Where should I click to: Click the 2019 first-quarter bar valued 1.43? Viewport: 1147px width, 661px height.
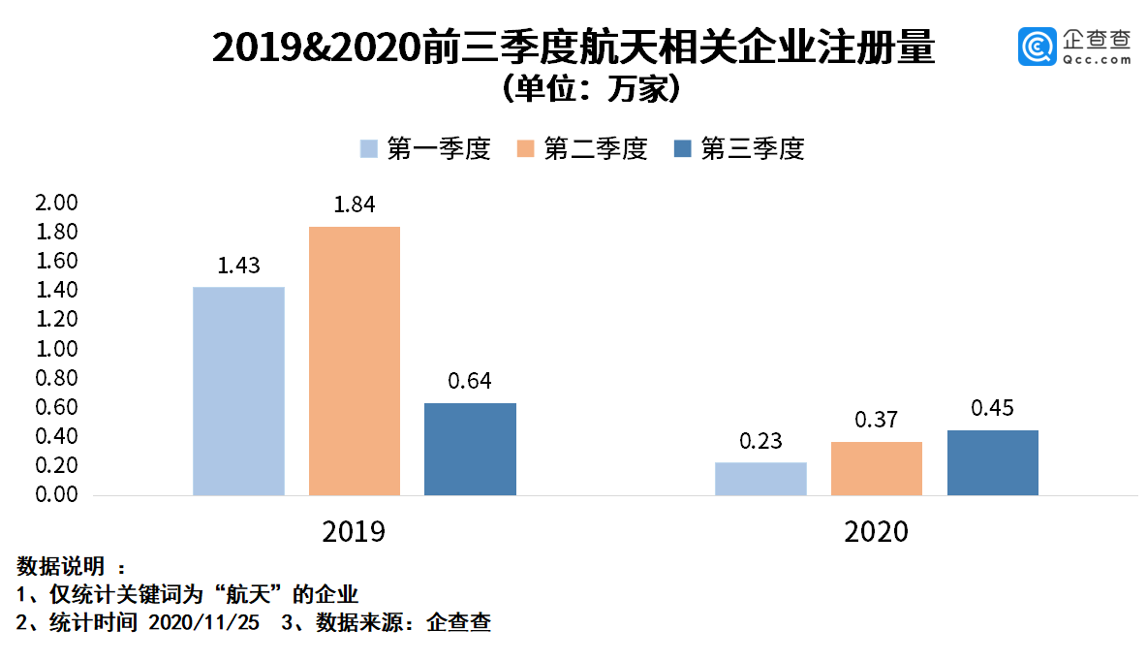(238, 391)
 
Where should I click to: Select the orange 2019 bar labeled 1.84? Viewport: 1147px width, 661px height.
(355, 361)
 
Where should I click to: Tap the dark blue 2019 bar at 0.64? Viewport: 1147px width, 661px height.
(470, 449)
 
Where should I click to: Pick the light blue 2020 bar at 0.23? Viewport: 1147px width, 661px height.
(760, 479)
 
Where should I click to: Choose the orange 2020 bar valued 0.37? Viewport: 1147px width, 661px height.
(877, 468)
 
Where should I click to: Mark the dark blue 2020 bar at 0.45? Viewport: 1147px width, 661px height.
(992, 462)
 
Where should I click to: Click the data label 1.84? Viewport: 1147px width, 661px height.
(355, 205)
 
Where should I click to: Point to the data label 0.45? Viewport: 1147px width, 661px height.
(992, 409)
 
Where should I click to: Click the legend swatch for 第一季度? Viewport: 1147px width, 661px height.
(368, 149)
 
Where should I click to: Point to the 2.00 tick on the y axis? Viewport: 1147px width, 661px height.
(55, 204)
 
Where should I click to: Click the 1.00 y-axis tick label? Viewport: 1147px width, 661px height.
(55, 349)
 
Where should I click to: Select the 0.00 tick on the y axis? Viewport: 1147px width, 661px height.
(55, 494)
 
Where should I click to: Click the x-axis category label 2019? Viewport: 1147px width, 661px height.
(354, 532)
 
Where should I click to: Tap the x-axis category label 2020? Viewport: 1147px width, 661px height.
(877, 532)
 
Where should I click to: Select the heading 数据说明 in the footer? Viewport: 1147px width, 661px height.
(61, 566)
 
